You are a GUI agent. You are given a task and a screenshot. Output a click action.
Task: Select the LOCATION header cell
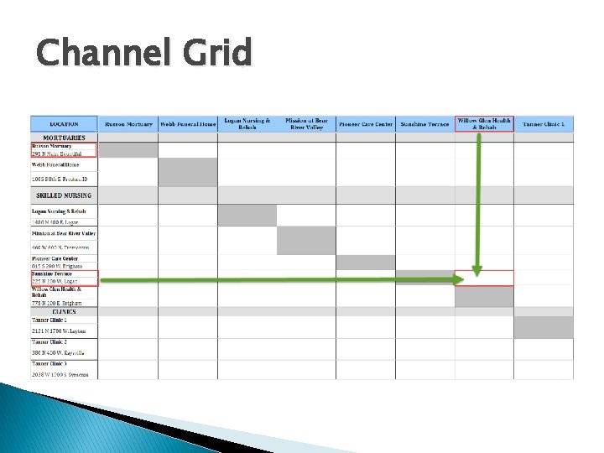pos(64,124)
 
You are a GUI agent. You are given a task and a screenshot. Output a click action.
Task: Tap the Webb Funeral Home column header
pos(188,124)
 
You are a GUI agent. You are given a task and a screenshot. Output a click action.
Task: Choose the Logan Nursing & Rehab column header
pos(247,124)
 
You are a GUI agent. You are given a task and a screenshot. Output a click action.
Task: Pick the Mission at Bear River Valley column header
pos(306,124)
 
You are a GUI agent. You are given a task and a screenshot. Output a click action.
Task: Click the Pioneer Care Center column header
pos(365,124)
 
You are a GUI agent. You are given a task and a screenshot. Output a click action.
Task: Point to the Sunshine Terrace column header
pos(424,124)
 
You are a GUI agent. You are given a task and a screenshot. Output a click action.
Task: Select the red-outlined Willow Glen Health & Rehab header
pos(484,123)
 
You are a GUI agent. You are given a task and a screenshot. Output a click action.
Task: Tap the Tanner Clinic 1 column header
pos(544,124)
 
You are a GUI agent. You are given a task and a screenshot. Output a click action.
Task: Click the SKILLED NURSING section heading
pos(64,195)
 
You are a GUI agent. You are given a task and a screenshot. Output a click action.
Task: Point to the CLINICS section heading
pos(64,311)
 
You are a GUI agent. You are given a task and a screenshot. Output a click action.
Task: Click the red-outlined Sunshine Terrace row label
pos(64,278)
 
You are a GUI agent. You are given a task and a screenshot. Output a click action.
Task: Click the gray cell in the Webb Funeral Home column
pos(188,172)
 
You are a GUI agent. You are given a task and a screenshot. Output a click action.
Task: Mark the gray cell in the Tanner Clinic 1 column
pos(544,326)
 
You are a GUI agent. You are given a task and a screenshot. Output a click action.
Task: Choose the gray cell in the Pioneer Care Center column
pos(365,262)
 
